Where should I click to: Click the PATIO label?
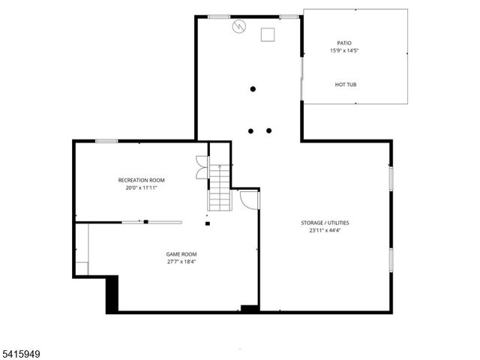[x=344, y=43]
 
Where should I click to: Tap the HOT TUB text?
[x=346, y=84]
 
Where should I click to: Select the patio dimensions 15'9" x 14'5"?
[x=344, y=51]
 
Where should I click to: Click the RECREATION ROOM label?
[x=142, y=180]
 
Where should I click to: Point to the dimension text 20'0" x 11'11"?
[x=142, y=187]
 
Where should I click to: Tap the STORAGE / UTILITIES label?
[x=325, y=223]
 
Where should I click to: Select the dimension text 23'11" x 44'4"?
[x=325, y=231]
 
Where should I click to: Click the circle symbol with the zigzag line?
[x=238, y=27]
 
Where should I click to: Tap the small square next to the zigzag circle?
[x=267, y=34]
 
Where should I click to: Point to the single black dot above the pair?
[x=253, y=89]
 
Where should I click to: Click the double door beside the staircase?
[x=200, y=166]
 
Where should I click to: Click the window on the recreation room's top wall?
[x=106, y=141]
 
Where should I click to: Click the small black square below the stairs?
[x=208, y=223]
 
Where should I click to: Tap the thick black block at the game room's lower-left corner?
[x=112, y=293]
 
